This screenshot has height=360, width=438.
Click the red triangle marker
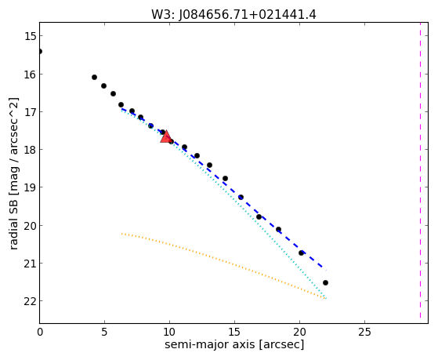[x=166, y=136]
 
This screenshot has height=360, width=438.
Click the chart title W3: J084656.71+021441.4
[x=233, y=15]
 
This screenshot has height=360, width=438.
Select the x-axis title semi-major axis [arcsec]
[x=234, y=344]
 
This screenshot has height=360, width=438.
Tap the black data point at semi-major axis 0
[x=40, y=51]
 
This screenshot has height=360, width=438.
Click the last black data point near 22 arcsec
[x=325, y=283]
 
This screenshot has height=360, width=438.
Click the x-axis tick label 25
[x=364, y=333]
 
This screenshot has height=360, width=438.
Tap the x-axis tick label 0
[x=40, y=333]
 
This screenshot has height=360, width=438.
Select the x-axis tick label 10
[x=169, y=333]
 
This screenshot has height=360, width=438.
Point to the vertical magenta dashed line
[x=420, y=170]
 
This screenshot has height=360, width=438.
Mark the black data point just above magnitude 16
[x=94, y=77]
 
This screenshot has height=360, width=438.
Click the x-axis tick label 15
[x=234, y=333]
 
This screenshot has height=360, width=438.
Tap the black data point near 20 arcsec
[x=301, y=253]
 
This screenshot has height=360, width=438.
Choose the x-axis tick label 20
[x=299, y=333]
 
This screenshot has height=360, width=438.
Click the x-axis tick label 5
[x=104, y=333]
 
